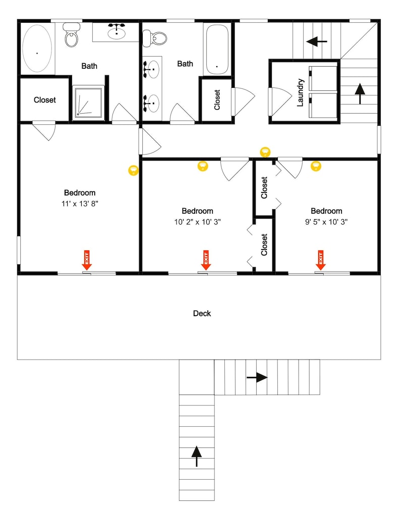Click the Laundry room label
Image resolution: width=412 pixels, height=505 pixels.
[300, 92]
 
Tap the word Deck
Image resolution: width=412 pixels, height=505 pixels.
[202, 314]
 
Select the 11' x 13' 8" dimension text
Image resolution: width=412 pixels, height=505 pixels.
[80, 204]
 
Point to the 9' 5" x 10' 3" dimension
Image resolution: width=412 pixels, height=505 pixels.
[326, 222]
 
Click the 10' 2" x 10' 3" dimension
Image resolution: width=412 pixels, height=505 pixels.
[198, 222]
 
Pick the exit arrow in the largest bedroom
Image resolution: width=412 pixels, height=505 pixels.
[87, 260]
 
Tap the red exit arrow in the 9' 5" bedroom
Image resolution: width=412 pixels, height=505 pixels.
[320, 260]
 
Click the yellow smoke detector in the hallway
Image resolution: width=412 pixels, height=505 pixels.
[265, 152]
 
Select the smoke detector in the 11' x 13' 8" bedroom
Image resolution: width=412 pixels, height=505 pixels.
[134, 170]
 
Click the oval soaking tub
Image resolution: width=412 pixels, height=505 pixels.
[37, 48]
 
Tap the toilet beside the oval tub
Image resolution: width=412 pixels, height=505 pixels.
[71, 34]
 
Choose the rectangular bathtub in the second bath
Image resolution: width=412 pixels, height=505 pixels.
[217, 49]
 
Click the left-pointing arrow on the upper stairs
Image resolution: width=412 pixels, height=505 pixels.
[317, 41]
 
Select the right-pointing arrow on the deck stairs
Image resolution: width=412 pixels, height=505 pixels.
[257, 377]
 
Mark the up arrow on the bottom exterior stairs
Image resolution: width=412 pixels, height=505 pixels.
[197, 456]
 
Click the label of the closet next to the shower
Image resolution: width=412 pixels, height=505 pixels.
[45, 100]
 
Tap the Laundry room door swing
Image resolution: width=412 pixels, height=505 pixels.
[280, 100]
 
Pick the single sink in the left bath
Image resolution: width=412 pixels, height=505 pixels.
[117, 31]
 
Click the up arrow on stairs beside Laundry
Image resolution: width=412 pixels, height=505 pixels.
[360, 94]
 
